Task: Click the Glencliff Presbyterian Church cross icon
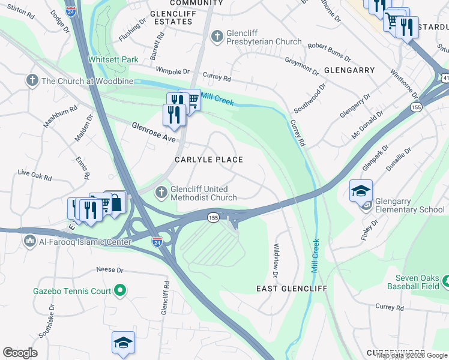pos(217,37)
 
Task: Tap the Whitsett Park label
pos(113,59)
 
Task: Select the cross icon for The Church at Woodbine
pos(31,80)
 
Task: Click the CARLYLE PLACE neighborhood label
pos(208,160)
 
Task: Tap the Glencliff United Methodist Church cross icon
pos(160,193)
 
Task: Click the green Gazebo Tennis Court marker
pos(120,291)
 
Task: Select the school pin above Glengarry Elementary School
pos(361,191)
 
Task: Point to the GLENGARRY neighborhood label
pos(349,70)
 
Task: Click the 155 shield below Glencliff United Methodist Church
pos(213,217)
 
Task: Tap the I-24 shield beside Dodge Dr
pos(71,11)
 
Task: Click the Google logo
pos(20,353)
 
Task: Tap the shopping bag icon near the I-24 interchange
pos(115,202)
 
